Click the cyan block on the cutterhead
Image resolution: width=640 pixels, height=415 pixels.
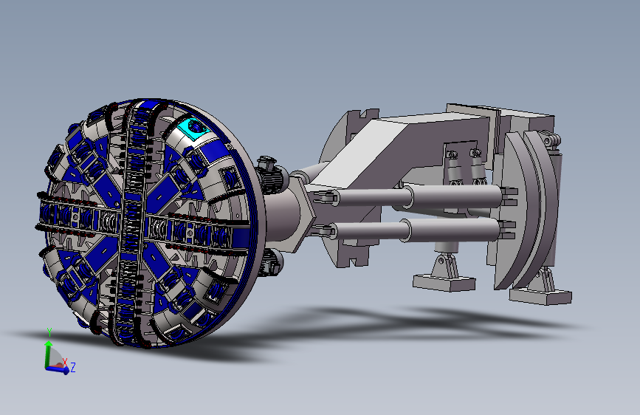click(195, 128)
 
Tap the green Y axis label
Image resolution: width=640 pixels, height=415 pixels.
click(49, 332)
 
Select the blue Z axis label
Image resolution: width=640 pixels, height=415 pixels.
click(73, 367)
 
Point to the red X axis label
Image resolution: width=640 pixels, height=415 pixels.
click(65, 362)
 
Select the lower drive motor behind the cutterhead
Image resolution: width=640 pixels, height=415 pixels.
click(272, 262)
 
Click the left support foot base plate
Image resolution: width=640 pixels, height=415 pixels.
click(444, 282)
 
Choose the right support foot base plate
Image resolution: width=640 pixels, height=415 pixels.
click(540, 296)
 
